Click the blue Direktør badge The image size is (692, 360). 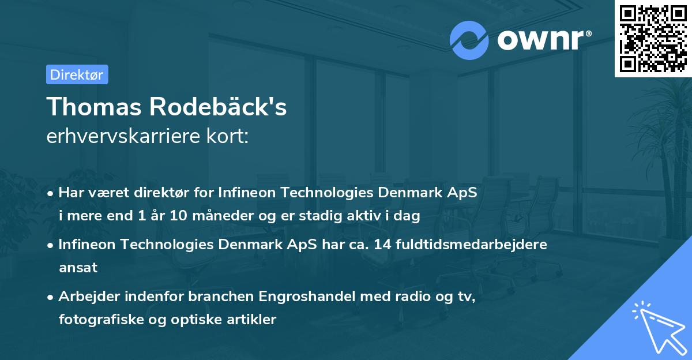pyautogui.click(x=77, y=74)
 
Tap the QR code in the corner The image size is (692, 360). pyautogui.click(x=653, y=38)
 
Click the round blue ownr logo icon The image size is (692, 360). pyautogui.click(x=469, y=39)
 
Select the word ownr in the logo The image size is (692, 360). pyautogui.click(x=542, y=39)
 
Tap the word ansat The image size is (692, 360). pyautogui.click(x=78, y=268)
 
